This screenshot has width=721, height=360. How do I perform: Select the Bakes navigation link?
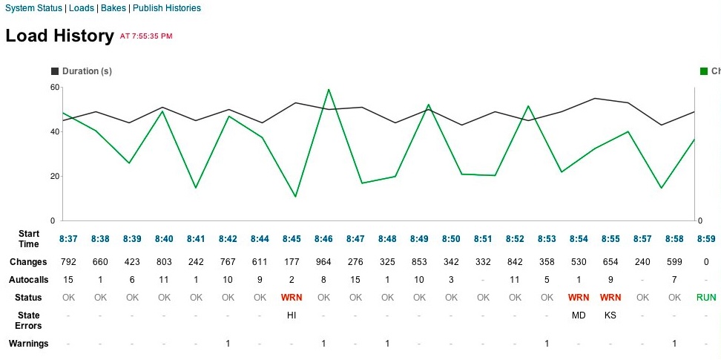coord(113,8)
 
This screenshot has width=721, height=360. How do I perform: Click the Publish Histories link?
coord(166,8)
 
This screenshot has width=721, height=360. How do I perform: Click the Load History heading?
coord(59,36)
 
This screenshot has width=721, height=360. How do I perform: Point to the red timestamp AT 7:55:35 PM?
coord(145,36)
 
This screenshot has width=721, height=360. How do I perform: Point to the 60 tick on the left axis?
coord(54,87)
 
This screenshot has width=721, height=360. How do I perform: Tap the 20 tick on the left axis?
coord(54,176)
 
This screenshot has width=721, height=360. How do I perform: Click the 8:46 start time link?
coord(323,239)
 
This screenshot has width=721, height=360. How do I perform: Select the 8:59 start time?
coord(706,239)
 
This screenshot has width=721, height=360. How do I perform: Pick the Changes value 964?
coord(323,262)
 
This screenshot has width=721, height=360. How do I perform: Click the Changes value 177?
coord(292,262)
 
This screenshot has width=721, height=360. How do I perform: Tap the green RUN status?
coord(706,298)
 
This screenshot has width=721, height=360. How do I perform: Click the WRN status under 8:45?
coord(292,298)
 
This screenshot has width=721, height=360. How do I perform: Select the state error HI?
coord(292,315)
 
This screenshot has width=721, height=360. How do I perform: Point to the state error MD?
coord(579,315)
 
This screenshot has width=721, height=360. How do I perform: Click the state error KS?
coord(610,315)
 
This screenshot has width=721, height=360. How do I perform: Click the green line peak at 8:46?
coord(328,90)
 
